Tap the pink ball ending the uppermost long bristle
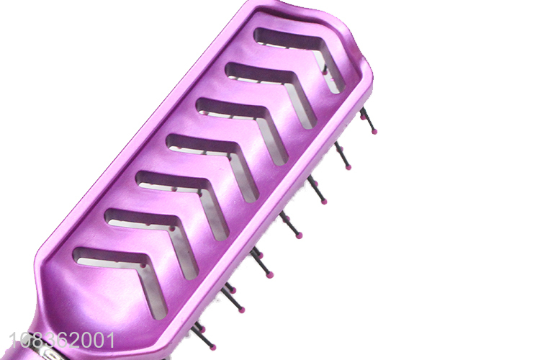(x=374, y=131)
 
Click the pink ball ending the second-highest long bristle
(x=348, y=167)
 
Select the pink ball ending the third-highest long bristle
(x=324, y=202)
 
